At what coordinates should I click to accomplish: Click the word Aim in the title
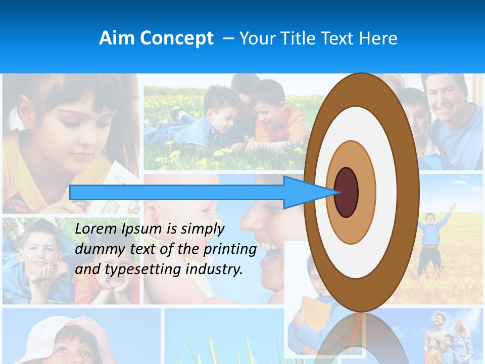tap(117, 38)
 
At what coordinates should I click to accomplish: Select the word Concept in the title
tap(176, 38)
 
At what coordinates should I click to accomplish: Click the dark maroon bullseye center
tap(347, 192)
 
